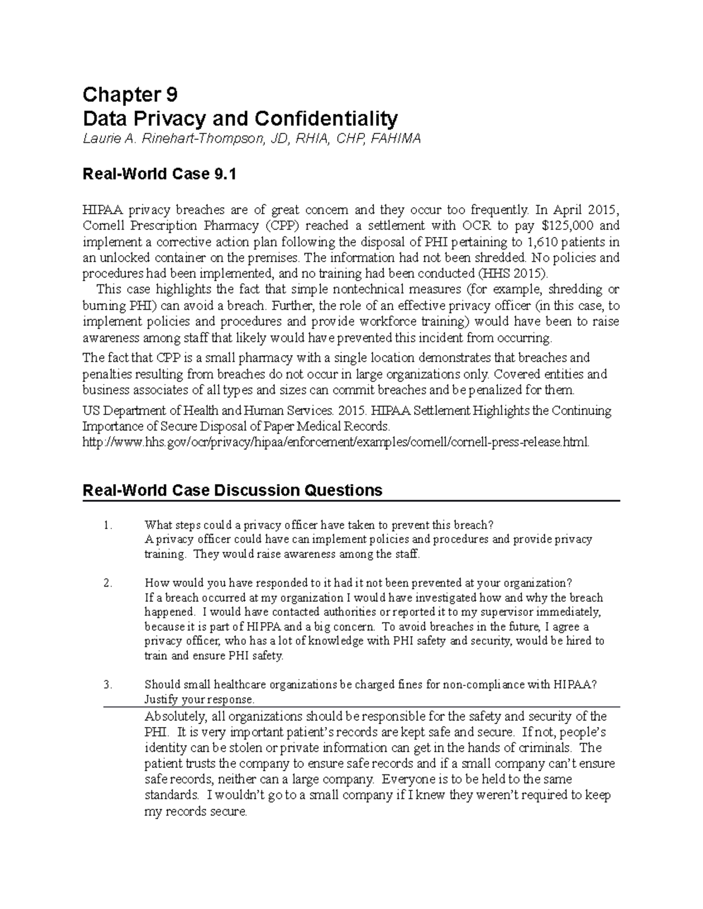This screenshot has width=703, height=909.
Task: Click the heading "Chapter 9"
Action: (129, 94)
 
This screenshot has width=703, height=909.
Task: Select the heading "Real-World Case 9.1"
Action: (160, 174)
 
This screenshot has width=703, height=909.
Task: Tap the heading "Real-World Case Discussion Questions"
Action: (233, 490)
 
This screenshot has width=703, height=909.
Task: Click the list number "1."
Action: (107, 525)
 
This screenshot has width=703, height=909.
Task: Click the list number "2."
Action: (107, 583)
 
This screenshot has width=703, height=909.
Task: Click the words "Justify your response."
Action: (200, 699)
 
